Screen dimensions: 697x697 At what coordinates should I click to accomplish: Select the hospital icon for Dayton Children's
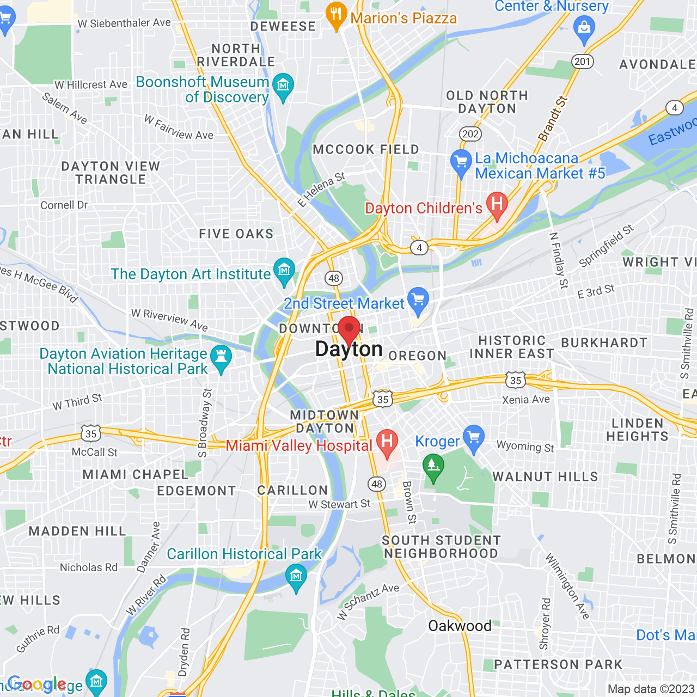497,205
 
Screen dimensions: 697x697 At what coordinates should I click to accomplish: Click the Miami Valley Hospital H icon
387,442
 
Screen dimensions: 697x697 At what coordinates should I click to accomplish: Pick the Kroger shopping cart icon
474,437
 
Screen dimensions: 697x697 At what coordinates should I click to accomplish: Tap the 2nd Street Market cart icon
418,300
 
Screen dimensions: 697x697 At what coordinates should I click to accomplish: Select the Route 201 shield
582,61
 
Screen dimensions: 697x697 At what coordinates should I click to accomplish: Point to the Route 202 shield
470,134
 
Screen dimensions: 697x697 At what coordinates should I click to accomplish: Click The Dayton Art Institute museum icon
284,271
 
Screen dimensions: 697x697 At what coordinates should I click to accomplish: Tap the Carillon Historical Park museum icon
296,577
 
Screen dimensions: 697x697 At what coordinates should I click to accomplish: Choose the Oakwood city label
460,626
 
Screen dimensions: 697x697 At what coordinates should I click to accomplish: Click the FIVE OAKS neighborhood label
236,234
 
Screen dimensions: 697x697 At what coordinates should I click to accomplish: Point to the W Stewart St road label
339,504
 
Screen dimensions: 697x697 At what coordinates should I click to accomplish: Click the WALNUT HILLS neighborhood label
545,476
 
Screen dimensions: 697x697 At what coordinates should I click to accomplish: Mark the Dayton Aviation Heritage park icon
221,358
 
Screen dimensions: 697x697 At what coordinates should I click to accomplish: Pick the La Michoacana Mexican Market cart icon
461,162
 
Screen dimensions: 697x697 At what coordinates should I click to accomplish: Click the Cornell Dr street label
64,205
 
